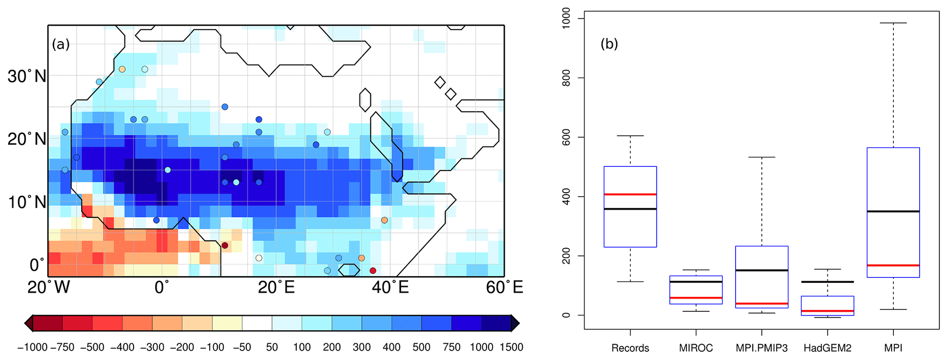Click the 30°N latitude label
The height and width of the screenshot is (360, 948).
click(27, 76)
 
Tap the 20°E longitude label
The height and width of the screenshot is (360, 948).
click(276, 288)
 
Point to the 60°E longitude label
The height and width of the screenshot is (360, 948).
click(504, 288)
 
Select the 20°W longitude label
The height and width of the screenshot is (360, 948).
click(49, 288)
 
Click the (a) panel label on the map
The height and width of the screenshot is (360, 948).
click(61, 44)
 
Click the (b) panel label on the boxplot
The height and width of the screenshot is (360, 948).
click(609, 44)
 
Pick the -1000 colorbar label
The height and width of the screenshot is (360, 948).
click(32, 347)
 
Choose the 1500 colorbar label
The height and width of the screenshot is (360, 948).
click(511, 347)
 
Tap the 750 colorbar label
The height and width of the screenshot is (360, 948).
click(452, 347)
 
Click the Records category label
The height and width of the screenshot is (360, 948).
click(630, 348)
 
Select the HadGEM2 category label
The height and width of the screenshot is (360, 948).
click(827, 348)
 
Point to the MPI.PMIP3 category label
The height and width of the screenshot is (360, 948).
click(761, 348)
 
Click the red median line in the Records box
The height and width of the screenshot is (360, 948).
click(630, 194)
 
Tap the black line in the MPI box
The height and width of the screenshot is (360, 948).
click(893, 211)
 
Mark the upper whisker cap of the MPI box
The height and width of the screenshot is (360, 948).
click(893, 23)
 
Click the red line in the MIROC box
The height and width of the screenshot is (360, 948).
click(696, 298)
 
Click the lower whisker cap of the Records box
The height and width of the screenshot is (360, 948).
click(630, 282)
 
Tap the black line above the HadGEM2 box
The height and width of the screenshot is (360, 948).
click(827, 282)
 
